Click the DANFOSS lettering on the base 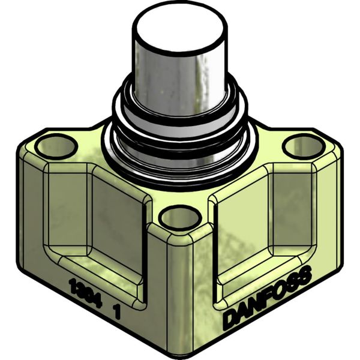(x=267, y=298)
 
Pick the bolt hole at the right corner (x=304, y=145)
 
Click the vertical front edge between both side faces (x=180, y=288)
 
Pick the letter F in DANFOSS (x=268, y=298)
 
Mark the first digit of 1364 (x=71, y=281)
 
